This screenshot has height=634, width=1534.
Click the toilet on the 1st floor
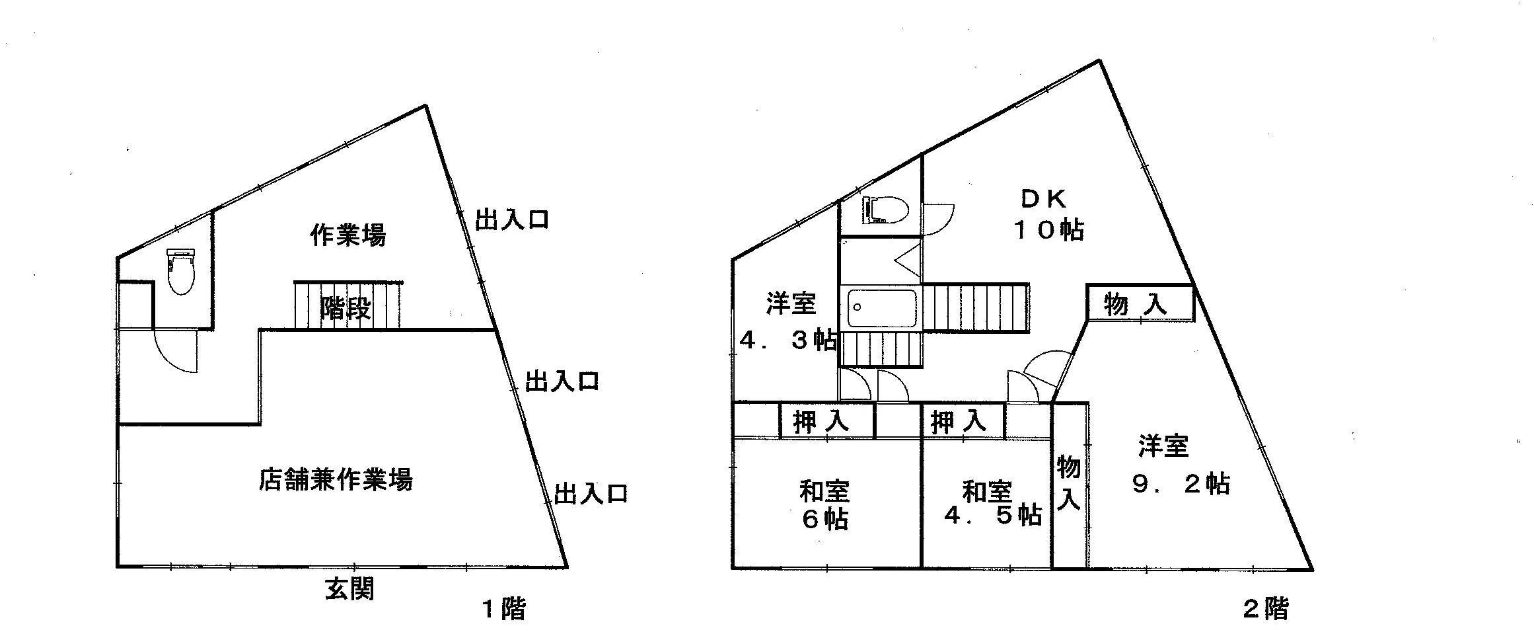(x=180, y=271)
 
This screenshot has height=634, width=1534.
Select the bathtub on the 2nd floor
(x=881, y=308)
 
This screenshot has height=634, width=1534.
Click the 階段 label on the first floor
(x=346, y=308)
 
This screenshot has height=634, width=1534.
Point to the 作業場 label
(x=348, y=235)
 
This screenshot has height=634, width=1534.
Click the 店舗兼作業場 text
(x=335, y=480)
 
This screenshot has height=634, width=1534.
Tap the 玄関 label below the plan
(x=349, y=588)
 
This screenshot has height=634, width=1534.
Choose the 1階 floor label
(x=503, y=609)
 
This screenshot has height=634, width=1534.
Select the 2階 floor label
(x=1266, y=609)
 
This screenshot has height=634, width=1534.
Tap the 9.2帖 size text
(x=1181, y=484)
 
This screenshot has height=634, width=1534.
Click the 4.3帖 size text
(x=787, y=340)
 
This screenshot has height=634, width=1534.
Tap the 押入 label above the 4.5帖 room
(x=959, y=422)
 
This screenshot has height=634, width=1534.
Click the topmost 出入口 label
(x=512, y=219)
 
